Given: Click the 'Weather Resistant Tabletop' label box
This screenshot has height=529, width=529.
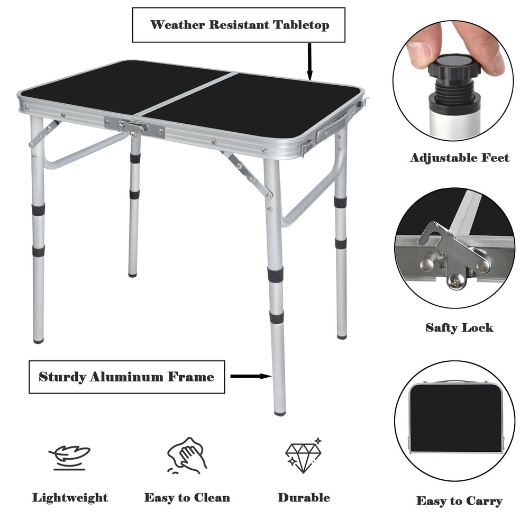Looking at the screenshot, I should point(239,25).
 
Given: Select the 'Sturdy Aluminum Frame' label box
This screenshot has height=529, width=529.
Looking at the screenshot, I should point(126,377).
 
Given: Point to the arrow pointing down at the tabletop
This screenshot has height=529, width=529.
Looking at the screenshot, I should point(309,61).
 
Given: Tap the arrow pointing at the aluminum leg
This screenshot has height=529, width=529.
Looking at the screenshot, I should point(251,377).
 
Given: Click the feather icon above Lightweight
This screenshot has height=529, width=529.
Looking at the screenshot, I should point(69,456).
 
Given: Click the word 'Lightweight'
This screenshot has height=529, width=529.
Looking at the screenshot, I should point(70,498).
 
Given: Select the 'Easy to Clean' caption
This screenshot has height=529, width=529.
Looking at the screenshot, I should point(187,498).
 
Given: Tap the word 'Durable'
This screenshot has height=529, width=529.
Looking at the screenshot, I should point(304,498).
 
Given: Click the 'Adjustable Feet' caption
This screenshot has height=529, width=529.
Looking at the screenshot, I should point(459,158).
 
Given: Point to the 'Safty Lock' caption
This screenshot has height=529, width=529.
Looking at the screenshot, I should point(459,327).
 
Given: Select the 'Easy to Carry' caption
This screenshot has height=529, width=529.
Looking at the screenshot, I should point(459,500).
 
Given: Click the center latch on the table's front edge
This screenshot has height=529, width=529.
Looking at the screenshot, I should point(134,127).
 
